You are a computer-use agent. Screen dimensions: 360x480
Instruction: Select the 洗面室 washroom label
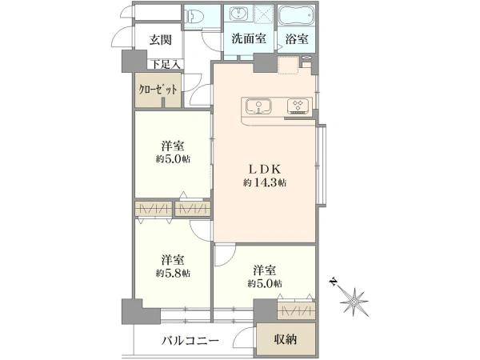tap(250, 38)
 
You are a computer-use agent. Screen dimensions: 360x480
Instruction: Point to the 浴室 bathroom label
tap(298, 38)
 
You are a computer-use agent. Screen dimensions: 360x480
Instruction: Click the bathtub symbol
tap(298, 16)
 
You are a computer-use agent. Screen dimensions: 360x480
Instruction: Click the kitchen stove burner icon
tap(298, 106)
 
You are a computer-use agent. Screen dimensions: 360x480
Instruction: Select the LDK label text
tap(265, 168)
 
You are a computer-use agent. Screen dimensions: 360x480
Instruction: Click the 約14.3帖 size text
tap(265, 183)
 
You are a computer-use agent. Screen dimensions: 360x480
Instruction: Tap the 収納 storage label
tap(286, 339)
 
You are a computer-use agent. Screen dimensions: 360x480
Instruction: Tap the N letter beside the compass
tap(333, 282)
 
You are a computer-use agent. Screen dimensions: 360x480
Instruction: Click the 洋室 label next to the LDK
tap(174, 146)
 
